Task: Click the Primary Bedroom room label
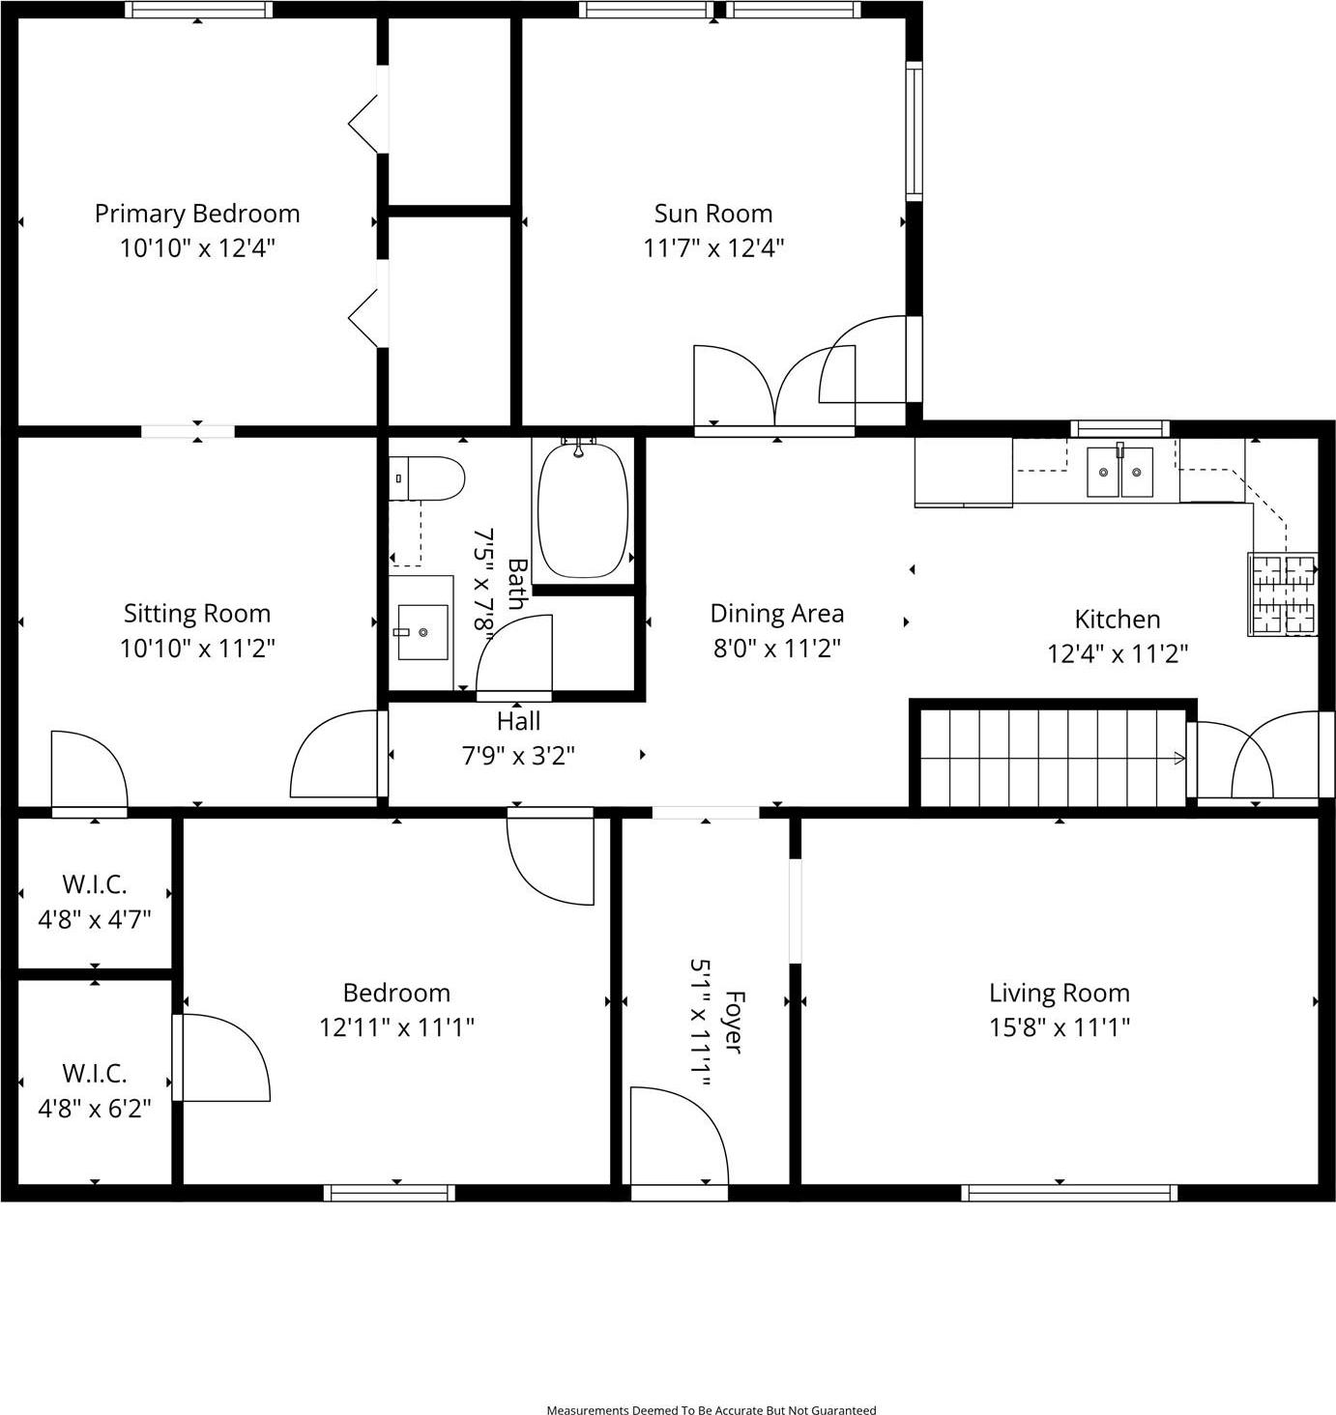197,214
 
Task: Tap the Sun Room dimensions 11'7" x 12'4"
713,248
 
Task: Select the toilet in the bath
427,478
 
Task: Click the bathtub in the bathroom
583,509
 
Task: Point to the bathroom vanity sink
422,632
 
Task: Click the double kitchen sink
1119,472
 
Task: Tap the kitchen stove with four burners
1283,594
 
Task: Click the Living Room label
1059,993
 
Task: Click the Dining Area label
776,614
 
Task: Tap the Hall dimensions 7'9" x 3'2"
518,755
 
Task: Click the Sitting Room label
197,614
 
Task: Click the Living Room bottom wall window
1069,1193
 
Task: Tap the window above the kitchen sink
1119,428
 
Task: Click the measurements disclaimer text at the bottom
712,1410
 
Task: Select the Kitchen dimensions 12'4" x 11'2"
1118,654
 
